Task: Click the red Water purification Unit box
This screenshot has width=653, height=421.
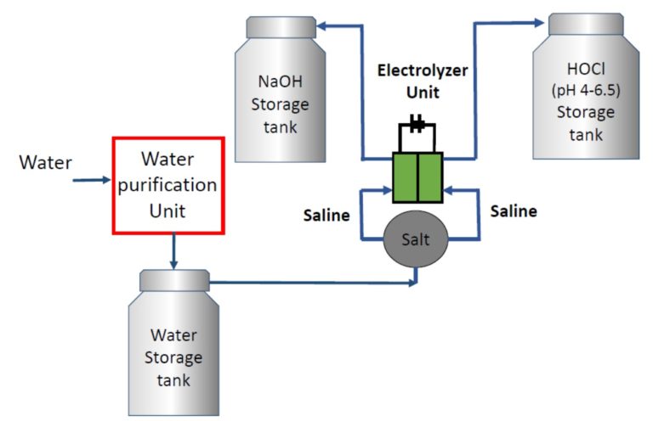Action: pyautogui.click(x=168, y=185)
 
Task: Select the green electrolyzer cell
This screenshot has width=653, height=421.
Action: pyautogui.click(x=417, y=177)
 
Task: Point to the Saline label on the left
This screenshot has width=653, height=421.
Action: pyautogui.click(x=326, y=216)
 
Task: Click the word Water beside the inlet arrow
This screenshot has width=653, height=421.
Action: pyautogui.click(x=45, y=160)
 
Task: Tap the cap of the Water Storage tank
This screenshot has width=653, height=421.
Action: pyautogui.click(x=174, y=279)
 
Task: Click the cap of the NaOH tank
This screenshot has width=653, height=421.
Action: pyautogui.click(x=281, y=27)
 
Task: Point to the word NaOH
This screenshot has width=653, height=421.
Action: pyautogui.click(x=281, y=82)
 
